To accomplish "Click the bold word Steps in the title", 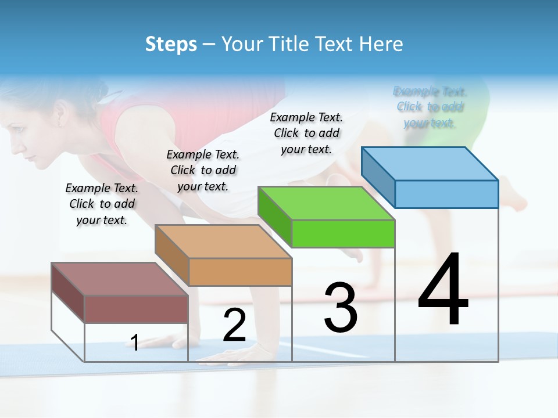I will pyautogui.click(x=171, y=44).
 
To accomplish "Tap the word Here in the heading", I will pyautogui.click(x=381, y=44).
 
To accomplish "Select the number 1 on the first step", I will pyautogui.click(x=134, y=343).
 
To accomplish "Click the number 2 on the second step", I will pyautogui.click(x=234, y=325).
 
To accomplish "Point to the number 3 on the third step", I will pyautogui.click(x=341, y=308).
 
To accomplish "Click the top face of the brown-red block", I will pyautogui.click(x=120, y=279).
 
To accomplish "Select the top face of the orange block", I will pyautogui.click(x=223, y=242).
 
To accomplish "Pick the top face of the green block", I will pyautogui.click(x=326, y=203).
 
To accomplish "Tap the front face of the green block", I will pyautogui.click(x=343, y=233).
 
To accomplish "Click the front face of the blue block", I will pyautogui.click(x=446, y=194).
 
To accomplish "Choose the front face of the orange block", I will pyautogui.click(x=240, y=272).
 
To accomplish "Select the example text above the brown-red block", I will pyautogui.click(x=102, y=204).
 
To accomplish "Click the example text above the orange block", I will pyautogui.click(x=203, y=170).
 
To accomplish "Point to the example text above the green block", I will pyautogui.click(x=306, y=133).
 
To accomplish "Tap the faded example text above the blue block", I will pyautogui.click(x=430, y=107).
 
